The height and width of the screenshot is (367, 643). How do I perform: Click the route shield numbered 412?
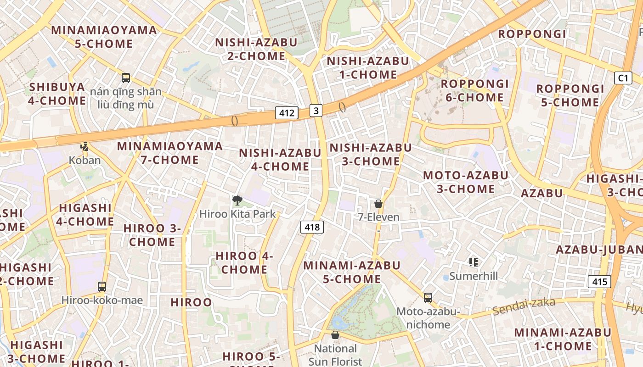(x=287, y=113)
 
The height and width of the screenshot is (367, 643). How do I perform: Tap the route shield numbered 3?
(x=316, y=111)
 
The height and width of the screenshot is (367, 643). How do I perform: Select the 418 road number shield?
(x=312, y=227)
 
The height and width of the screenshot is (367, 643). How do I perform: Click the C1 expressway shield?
(x=623, y=78)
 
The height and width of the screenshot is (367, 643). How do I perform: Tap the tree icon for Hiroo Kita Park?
(x=237, y=200)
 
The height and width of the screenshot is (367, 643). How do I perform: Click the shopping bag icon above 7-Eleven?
(x=378, y=204)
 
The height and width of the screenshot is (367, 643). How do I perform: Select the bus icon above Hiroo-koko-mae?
(x=102, y=287)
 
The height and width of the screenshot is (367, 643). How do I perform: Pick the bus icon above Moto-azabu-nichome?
(x=428, y=298)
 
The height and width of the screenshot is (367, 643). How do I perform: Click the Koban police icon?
(x=85, y=147)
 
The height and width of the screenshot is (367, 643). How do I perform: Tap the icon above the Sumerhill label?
(x=474, y=262)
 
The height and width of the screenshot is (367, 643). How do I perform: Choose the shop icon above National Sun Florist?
(x=335, y=335)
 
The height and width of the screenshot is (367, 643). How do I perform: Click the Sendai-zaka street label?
(x=524, y=306)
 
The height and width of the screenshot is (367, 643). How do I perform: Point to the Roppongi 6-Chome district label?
(x=475, y=90)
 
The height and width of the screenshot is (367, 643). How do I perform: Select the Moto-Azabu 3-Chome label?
(x=466, y=182)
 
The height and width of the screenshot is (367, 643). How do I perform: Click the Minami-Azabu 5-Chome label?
(x=352, y=272)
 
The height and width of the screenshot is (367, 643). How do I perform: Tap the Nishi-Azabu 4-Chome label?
(x=280, y=159)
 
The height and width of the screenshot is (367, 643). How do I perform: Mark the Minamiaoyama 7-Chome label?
(x=170, y=153)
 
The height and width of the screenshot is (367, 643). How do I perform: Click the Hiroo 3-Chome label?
(x=152, y=235)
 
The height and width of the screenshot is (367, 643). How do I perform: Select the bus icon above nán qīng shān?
(x=126, y=78)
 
